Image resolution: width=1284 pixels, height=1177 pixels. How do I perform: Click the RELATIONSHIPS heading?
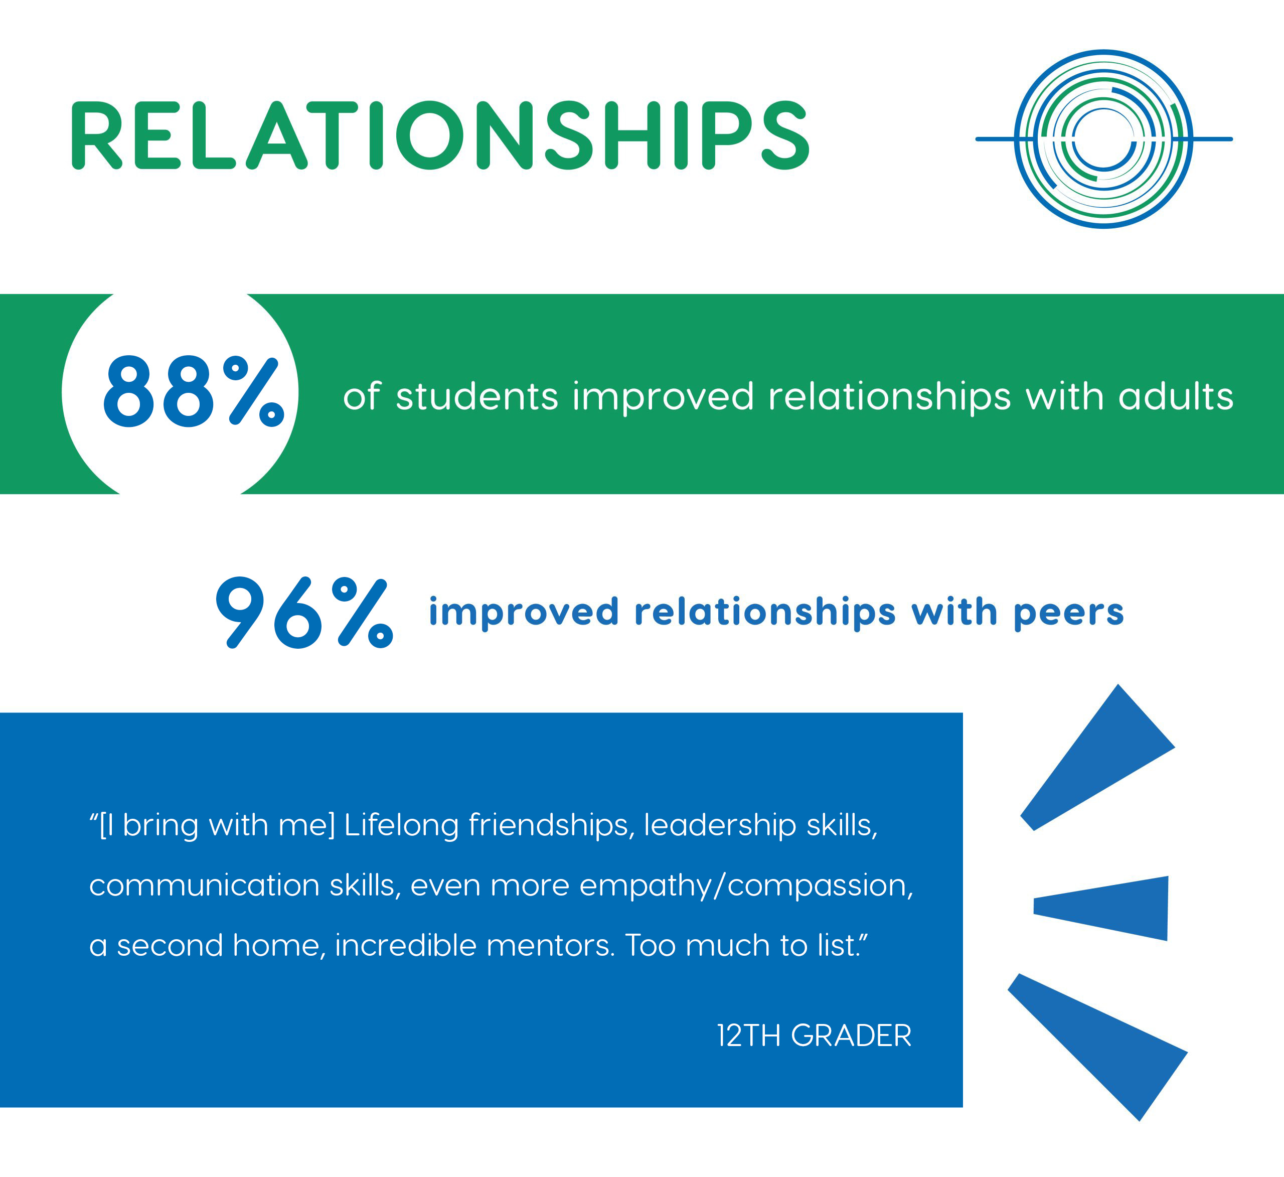(440, 135)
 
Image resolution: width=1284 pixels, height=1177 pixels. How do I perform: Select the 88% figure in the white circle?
(193, 391)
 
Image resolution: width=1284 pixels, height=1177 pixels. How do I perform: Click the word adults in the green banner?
(1176, 396)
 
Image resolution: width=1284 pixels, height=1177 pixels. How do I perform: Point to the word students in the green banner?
(477, 396)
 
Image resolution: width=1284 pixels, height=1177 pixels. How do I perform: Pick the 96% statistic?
(304, 613)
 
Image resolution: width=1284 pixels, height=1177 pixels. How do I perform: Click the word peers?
(1069, 613)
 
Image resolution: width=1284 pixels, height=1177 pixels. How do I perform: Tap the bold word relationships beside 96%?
(765, 613)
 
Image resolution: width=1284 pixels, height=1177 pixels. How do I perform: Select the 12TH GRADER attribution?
(814, 1036)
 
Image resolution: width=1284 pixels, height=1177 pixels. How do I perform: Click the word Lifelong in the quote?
(401, 826)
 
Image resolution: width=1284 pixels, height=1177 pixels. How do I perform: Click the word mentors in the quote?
(551, 946)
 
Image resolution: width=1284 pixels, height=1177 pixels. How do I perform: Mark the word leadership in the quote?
(720, 826)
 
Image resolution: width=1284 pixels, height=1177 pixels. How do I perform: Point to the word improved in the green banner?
(663, 396)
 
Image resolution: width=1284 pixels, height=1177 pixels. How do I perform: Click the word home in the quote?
(279, 946)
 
